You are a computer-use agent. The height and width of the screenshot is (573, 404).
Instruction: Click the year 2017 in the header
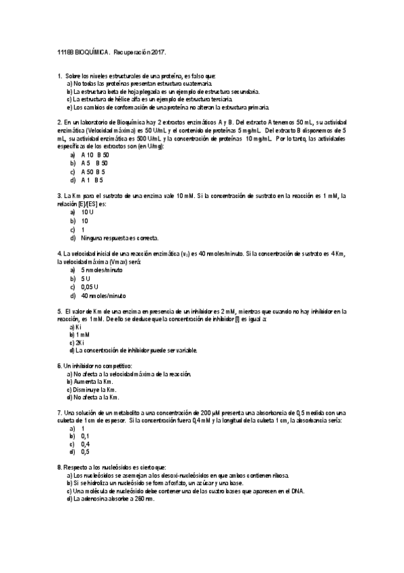154,52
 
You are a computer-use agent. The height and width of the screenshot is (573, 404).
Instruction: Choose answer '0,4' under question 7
85,444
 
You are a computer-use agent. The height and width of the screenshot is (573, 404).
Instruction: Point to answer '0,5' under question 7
85,452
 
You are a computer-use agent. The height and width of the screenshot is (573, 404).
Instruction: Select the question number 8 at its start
60,468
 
